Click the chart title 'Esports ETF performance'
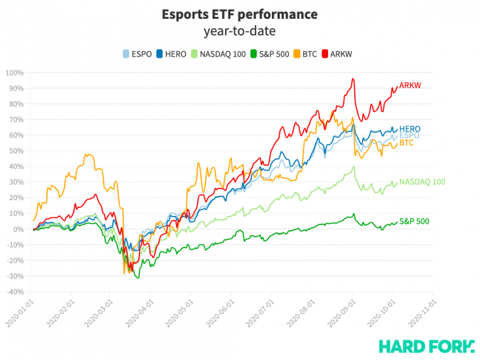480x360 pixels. click(241, 14)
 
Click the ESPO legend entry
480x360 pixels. click(139, 53)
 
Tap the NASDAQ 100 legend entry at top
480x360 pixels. click(219, 53)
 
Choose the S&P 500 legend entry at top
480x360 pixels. click(272, 53)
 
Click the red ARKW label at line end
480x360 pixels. click(410, 85)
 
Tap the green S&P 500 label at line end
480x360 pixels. click(414, 222)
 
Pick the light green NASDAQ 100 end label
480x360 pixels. click(422, 181)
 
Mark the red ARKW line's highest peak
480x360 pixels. click(353, 79)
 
